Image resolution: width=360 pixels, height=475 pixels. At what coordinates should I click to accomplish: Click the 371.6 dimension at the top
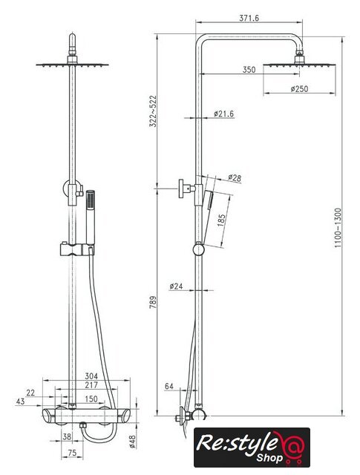(x=249, y=18)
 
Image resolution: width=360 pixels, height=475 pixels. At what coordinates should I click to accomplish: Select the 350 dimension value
(x=249, y=70)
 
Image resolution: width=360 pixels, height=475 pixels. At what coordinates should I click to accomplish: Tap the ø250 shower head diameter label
(x=299, y=89)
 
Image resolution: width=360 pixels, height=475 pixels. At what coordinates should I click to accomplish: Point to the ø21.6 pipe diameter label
(x=223, y=114)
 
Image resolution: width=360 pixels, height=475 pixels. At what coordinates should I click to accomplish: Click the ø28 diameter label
(x=235, y=178)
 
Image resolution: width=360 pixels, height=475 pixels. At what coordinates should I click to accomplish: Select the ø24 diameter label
(x=177, y=286)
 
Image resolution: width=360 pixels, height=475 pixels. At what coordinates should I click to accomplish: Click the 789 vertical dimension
(x=154, y=302)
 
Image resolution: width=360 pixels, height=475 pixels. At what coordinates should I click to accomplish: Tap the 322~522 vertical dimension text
(x=154, y=111)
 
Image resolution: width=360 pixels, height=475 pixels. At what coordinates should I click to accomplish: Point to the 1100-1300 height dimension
(x=338, y=228)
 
